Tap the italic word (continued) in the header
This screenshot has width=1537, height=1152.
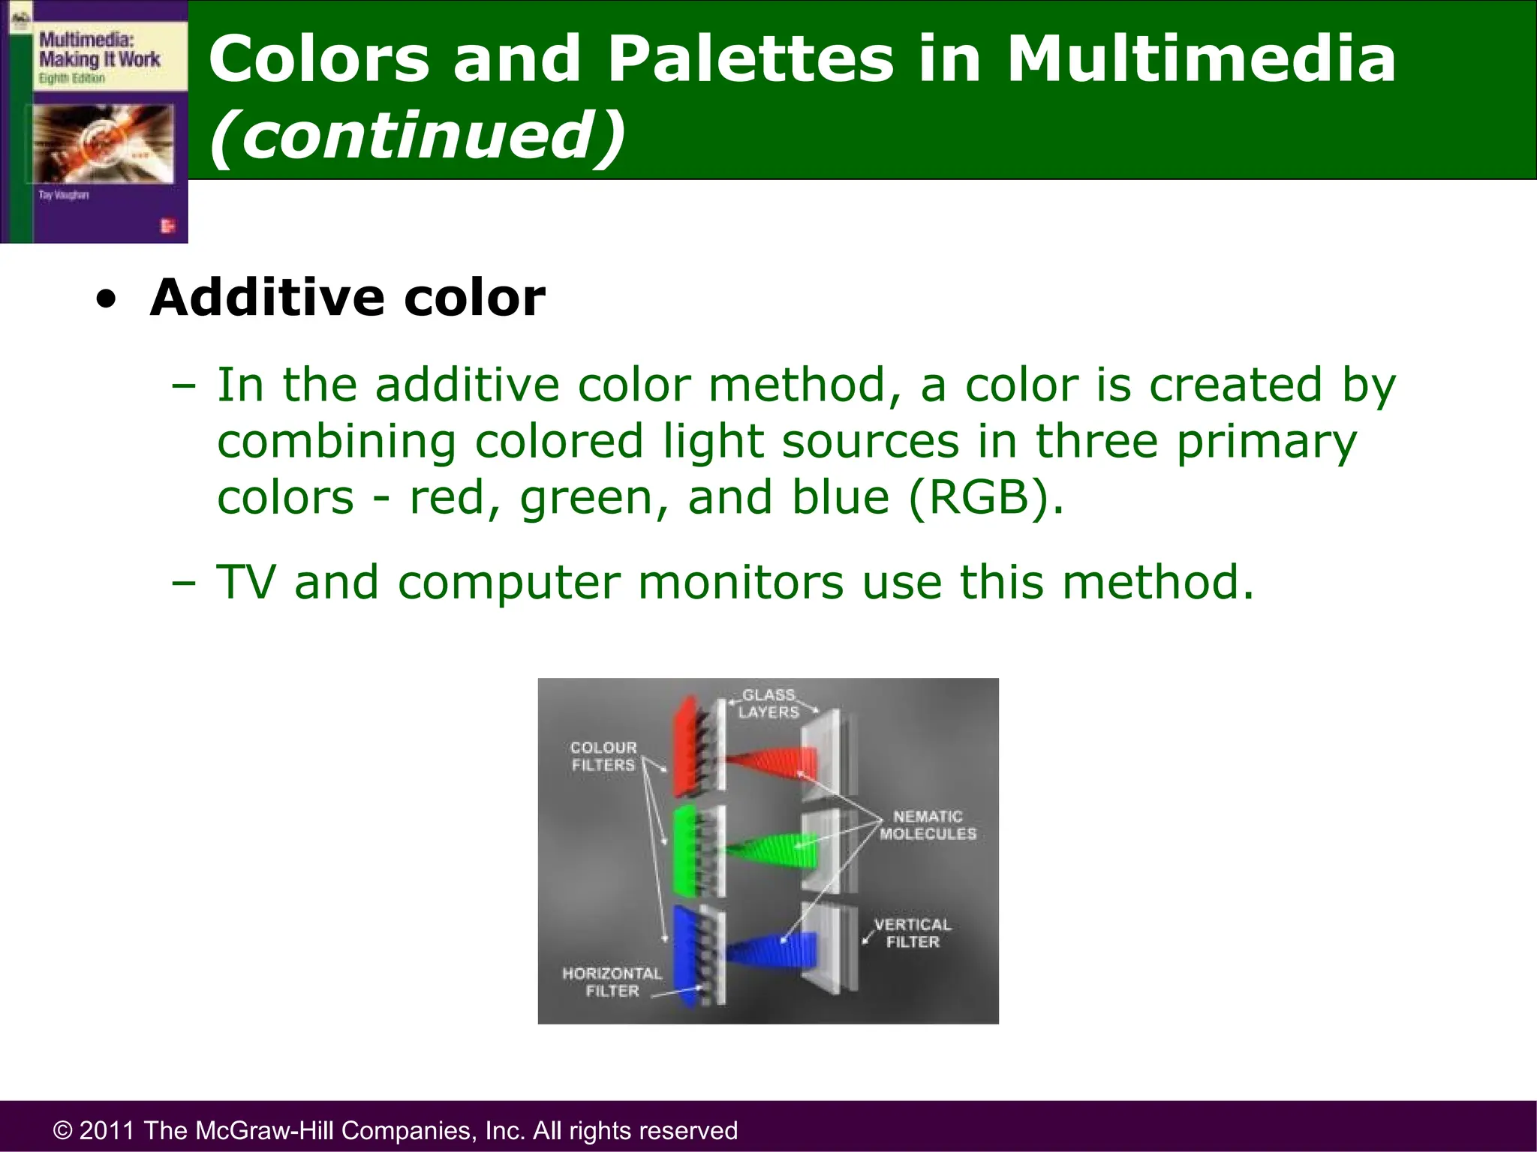click(417, 135)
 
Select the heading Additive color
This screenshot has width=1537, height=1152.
click(347, 298)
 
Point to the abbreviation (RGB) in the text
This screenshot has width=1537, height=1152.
click(985, 497)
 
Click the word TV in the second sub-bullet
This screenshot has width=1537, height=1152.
click(246, 582)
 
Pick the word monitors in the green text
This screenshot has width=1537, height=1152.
click(741, 582)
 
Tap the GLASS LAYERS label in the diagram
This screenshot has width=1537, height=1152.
click(768, 703)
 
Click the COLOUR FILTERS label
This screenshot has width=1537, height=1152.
click(603, 756)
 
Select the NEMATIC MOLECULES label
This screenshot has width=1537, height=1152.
click(928, 825)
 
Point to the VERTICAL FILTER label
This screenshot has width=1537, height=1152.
click(913, 933)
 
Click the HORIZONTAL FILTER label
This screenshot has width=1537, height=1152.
click(612, 982)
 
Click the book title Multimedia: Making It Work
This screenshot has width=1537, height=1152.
click(99, 49)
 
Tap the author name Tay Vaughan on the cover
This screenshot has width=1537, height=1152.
click(64, 195)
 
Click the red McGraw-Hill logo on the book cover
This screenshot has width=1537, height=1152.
click(167, 226)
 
